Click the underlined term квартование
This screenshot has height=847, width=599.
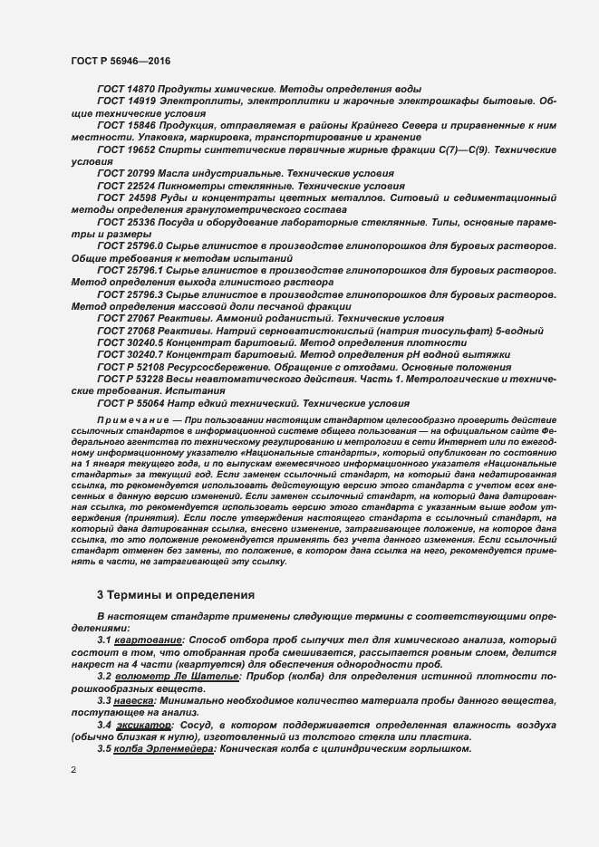(x=148, y=640)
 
